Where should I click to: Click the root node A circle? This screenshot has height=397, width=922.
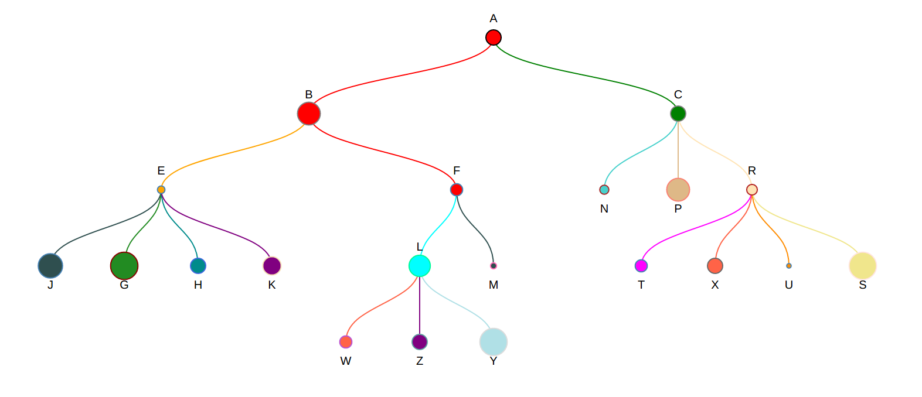tap(494, 37)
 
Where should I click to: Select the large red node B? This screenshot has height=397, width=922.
tap(309, 114)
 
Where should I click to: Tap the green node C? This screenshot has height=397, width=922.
tap(678, 114)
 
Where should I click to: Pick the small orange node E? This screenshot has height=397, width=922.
tap(161, 190)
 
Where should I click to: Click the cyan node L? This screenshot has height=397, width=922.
tap(420, 266)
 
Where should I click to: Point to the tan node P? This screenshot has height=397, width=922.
tap(678, 190)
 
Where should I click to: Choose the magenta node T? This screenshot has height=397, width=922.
tap(641, 266)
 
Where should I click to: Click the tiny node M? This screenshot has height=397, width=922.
tap(494, 266)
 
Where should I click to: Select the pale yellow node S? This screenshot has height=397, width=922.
tap(863, 266)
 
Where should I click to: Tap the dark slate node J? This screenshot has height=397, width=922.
tap(50, 266)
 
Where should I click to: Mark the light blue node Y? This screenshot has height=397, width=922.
tap(494, 342)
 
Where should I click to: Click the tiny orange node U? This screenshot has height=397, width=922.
tap(789, 266)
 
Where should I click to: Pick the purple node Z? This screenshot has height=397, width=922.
tap(420, 342)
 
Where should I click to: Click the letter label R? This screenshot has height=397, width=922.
tap(752, 171)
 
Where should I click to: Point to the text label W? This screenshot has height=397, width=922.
tap(346, 361)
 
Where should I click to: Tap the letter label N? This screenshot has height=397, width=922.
tap(604, 209)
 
